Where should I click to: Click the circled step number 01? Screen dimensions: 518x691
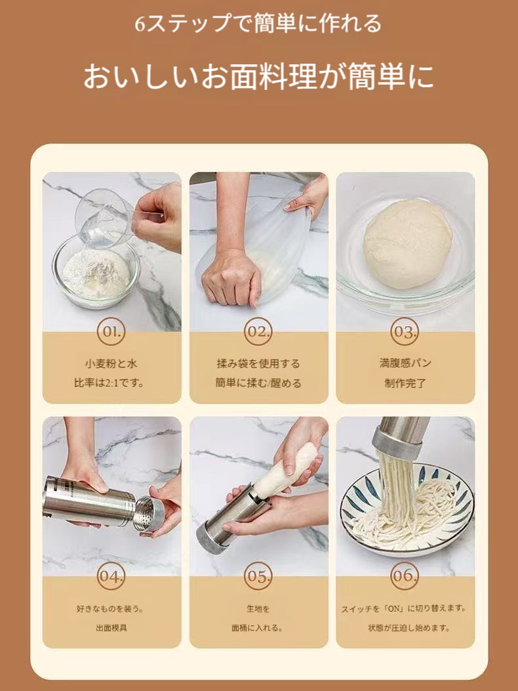point(111,331)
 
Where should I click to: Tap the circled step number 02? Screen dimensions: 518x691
point(258,331)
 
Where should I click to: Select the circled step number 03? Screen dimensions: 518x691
point(405,331)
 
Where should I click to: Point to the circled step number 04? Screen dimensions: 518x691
point(111,576)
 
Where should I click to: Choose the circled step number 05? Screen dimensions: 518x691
point(258,576)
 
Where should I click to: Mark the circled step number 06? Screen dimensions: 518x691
point(405,576)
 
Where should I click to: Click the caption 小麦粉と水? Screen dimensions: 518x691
point(111,364)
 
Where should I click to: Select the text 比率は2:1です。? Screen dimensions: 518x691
point(111,383)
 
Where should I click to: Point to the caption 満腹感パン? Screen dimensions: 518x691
point(405,363)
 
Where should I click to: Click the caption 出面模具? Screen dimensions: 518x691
point(111,627)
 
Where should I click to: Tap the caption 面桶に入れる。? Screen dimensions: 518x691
point(258,627)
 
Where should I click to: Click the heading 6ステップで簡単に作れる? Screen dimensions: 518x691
point(258,23)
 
